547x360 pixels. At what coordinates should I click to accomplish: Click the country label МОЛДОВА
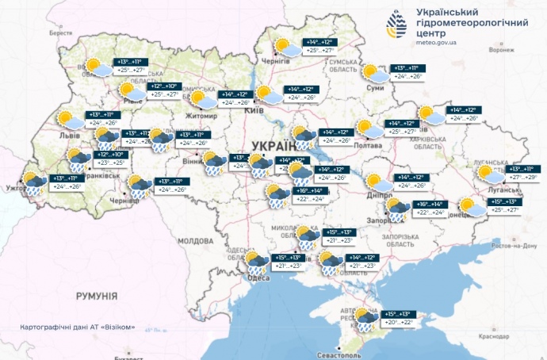point(194,239)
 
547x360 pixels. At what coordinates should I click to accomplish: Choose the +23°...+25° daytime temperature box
point(109,163)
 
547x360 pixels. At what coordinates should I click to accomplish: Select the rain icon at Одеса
point(256,263)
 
